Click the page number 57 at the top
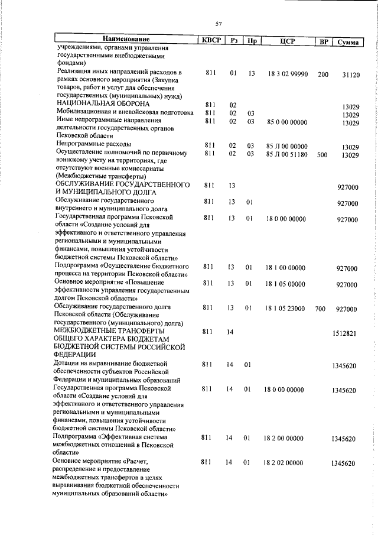tap(219, 24)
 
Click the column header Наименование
tap(125, 40)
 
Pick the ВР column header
tap(323, 41)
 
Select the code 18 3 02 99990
tap(287, 74)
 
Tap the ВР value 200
tap(322, 74)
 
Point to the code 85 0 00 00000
tap(287, 122)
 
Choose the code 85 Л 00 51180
tap(287, 154)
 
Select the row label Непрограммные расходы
tap(86, 144)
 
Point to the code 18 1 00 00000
tap(286, 268)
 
